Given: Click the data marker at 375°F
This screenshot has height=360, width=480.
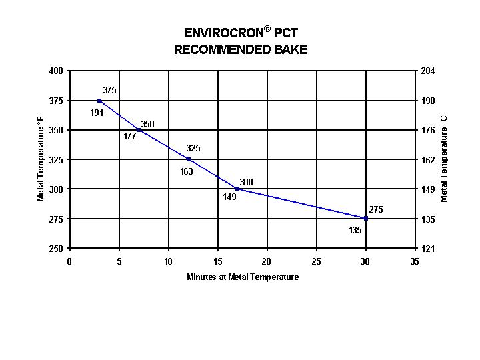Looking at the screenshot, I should coord(99,101).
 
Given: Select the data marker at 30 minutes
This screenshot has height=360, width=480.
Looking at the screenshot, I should coord(365,219).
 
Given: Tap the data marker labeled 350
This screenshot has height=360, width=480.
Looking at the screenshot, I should coord(139,130).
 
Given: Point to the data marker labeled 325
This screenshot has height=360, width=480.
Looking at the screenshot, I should coord(189,159).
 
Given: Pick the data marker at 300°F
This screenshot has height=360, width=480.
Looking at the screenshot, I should coord(237,189).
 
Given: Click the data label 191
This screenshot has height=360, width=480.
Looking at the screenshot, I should coord(97,113).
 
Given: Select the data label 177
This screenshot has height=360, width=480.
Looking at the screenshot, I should coord(129,136).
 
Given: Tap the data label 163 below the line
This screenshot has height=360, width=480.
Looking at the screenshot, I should coord(186,172).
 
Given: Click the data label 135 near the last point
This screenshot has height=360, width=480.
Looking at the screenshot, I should coord(355,231).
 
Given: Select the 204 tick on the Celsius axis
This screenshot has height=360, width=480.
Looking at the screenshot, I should coord(428,71).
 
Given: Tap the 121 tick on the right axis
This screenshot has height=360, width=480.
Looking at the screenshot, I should coord(428,249).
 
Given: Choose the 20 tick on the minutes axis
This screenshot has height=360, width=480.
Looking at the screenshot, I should coord(267,262).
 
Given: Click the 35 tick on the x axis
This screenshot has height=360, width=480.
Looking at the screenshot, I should coord(415,262).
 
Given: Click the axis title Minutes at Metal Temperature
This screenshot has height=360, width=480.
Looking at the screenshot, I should coord(243,277).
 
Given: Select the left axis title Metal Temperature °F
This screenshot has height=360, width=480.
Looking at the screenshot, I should coord(41,159).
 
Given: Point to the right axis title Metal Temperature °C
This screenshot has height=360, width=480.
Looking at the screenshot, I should coord(445,159).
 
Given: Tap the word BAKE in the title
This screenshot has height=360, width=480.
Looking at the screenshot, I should coord(291,50).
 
